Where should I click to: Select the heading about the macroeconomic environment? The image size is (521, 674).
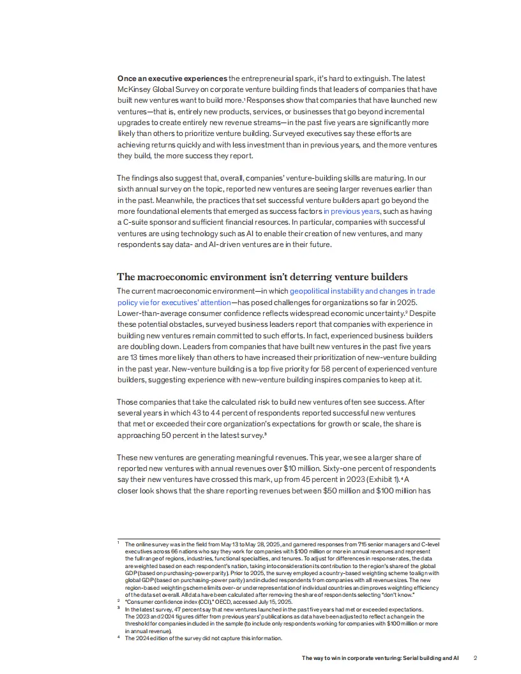(262, 276)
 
